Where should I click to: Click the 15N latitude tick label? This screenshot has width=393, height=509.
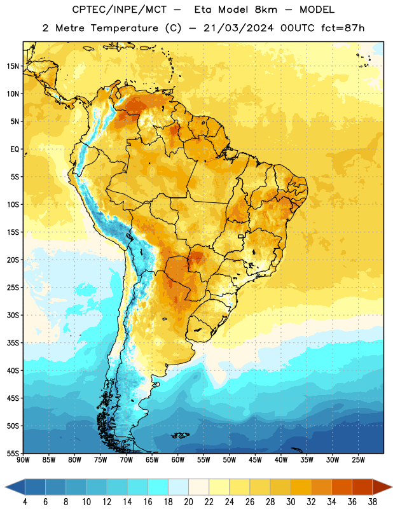tap(13, 66)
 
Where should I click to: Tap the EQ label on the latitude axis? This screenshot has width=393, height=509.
tap(15, 150)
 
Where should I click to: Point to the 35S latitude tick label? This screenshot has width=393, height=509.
tap(13, 343)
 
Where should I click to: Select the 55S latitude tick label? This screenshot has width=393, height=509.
tap(13, 453)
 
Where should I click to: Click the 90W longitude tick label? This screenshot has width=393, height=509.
tap(23, 459)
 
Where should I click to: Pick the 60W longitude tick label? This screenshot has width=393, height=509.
tap(178, 459)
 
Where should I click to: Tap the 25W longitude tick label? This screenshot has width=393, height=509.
tap(358, 459)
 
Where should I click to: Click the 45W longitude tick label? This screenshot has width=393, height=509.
tap(255, 459)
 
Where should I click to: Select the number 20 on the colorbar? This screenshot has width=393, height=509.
tap(188, 502)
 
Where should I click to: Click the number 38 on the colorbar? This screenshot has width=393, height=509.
tap(372, 502)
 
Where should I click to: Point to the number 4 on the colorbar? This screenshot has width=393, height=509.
tap(25, 502)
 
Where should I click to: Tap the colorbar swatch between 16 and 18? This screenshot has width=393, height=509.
tap(158, 487)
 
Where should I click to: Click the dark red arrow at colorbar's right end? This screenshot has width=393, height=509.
tap(382, 487)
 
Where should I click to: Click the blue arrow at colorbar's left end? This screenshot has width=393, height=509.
tap(15, 487)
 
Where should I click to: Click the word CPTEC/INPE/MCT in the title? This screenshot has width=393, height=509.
tap(120, 10)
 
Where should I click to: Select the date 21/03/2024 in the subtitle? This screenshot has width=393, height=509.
tap(238, 28)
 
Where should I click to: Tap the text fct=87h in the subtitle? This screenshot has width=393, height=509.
tap(343, 28)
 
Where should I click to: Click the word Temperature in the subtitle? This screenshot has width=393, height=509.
tap(124, 28)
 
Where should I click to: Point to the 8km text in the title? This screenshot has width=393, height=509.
tap(266, 10)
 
